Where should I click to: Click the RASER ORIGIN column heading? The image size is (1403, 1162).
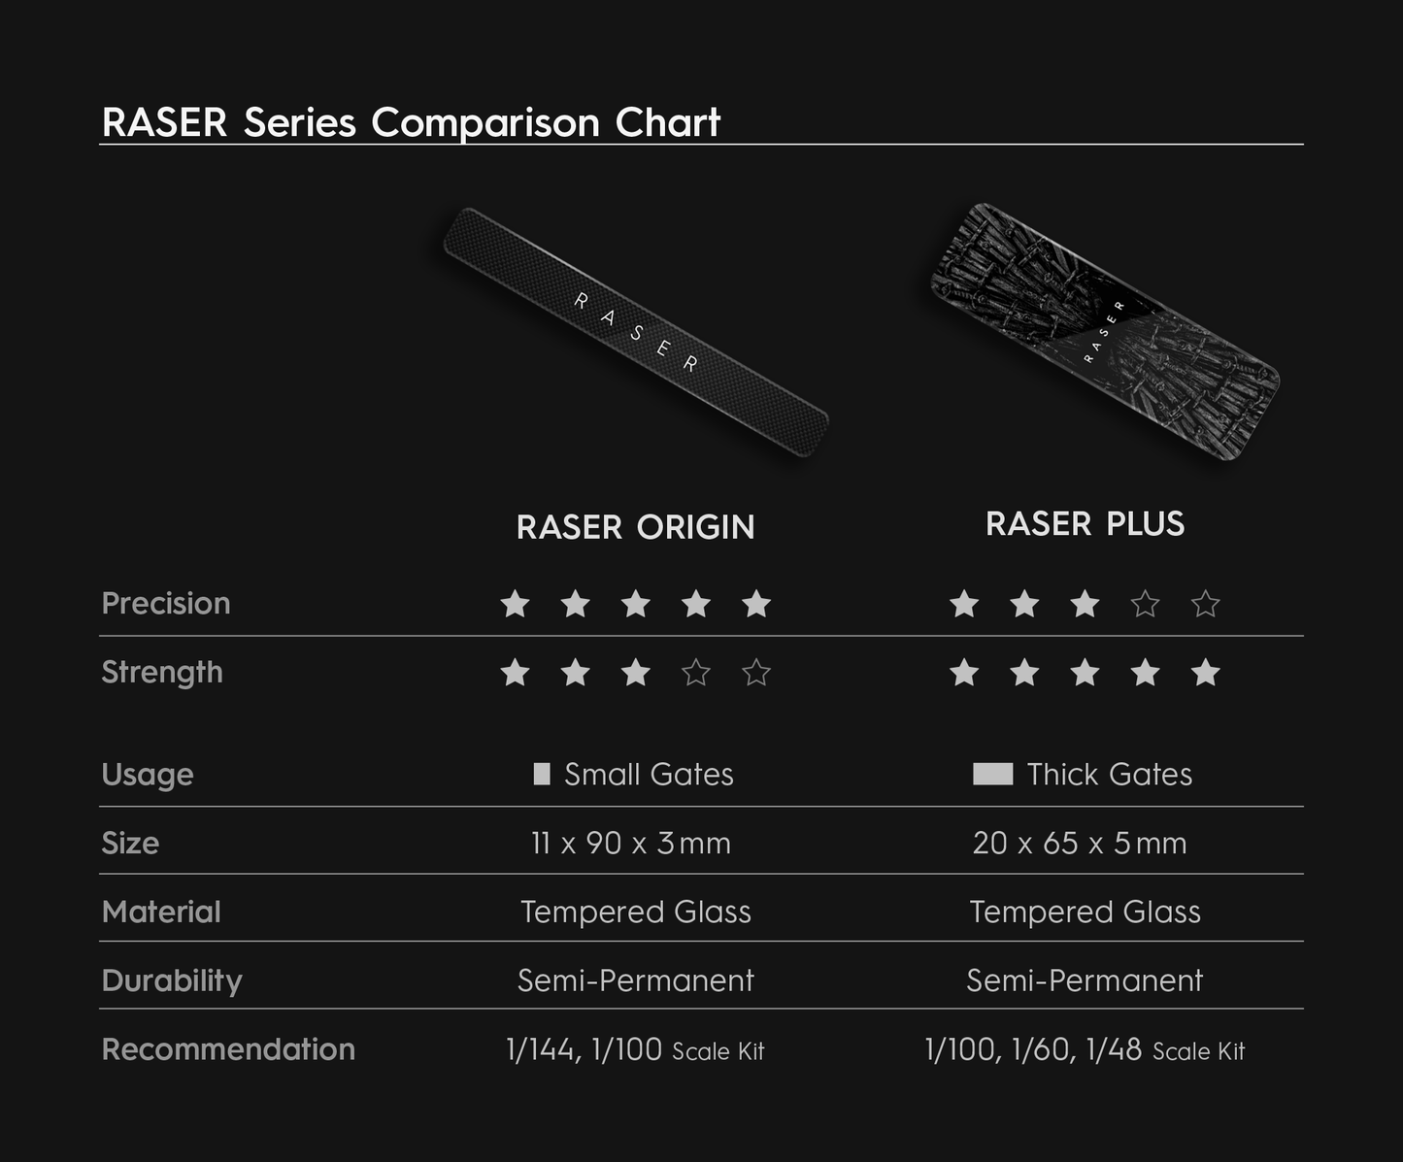tap(635, 527)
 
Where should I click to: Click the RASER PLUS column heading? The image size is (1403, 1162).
tap(1085, 524)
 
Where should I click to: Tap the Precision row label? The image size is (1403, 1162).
tap(166, 603)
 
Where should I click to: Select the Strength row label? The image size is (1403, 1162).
tap(162, 672)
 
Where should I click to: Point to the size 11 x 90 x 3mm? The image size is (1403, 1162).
tap(631, 843)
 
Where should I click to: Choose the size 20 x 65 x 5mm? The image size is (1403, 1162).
tap(1080, 843)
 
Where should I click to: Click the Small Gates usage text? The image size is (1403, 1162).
tap(649, 774)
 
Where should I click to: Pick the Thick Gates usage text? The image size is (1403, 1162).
tap(1109, 774)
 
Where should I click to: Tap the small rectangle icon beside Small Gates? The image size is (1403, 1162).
tap(542, 774)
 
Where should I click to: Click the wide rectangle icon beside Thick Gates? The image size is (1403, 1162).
tap(992, 774)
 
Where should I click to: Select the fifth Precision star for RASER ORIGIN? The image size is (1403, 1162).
tap(756, 604)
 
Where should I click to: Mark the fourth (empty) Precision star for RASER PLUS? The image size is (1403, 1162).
tap(1146, 604)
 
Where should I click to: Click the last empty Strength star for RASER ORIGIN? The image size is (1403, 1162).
tap(756, 673)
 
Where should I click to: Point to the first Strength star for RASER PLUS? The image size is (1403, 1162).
tap(964, 673)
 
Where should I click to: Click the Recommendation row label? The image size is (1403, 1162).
tap(228, 1049)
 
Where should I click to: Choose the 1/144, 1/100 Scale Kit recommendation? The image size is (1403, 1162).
tap(635, 1049)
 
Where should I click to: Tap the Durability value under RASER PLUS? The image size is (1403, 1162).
tap(1085, 980)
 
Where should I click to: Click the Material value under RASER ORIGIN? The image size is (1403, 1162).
tap(635, 912)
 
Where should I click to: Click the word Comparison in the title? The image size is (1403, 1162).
tap(485, 122)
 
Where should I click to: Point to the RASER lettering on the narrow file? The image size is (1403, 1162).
tap(636, 332)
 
